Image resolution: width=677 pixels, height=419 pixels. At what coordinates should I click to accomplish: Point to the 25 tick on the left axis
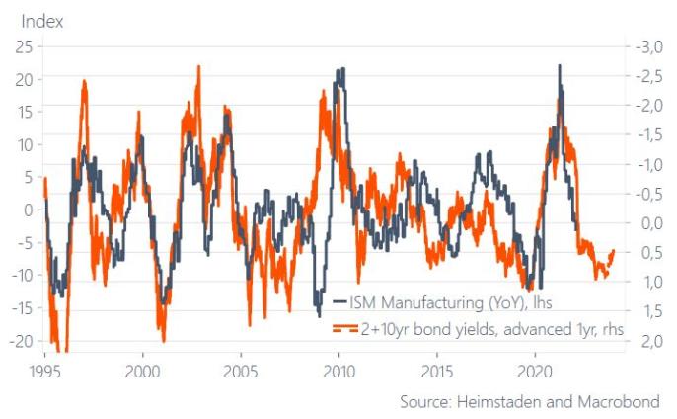pyautogui.click(x=23, y=45)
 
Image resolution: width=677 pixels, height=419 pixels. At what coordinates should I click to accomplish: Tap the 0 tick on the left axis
pyautogui.click(x=28, y=209)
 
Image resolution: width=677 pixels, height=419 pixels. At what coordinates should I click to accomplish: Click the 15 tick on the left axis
pyautogui.click(x=23, y=111)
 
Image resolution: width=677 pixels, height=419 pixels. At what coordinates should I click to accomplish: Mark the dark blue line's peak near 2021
pyautogui.click(x=560, y=66)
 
